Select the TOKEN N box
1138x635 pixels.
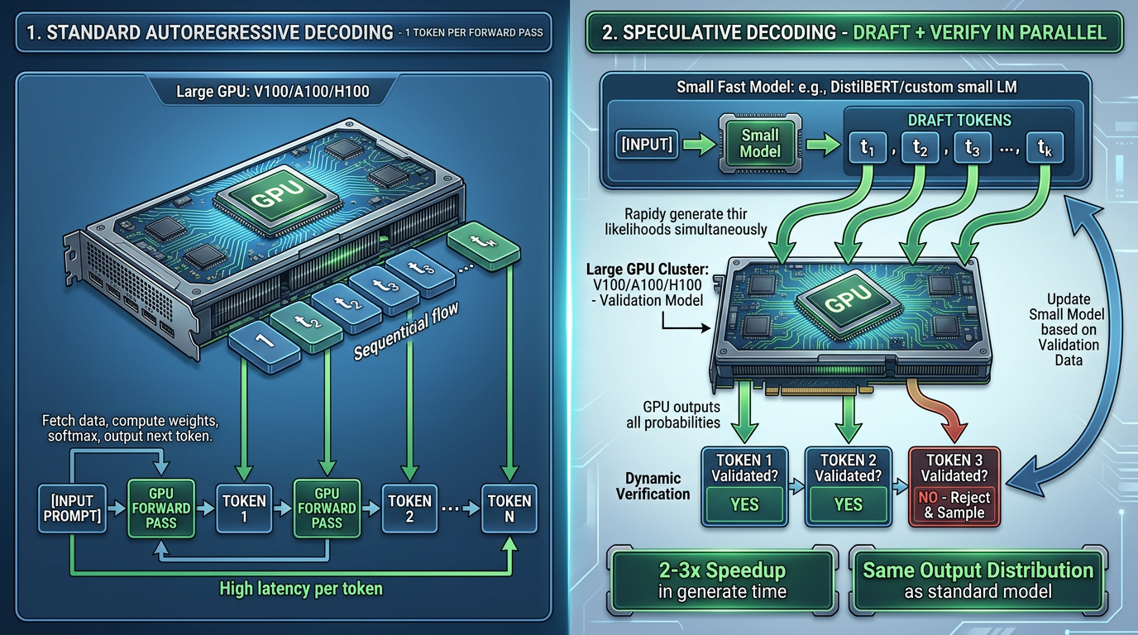tap(509, 508)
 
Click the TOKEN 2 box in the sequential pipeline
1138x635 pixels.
tap(409, 508)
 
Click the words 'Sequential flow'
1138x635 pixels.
tap(406, 330)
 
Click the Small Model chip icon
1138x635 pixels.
tap(760, 143)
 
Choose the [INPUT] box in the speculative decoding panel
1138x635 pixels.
tap(647, 144)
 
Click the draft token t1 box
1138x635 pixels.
tap(868, 150)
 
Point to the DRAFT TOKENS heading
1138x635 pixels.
tap(959, 121)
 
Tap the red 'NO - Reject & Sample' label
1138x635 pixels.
tap(954, 505)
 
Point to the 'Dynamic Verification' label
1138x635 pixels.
tap(653, 486)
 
